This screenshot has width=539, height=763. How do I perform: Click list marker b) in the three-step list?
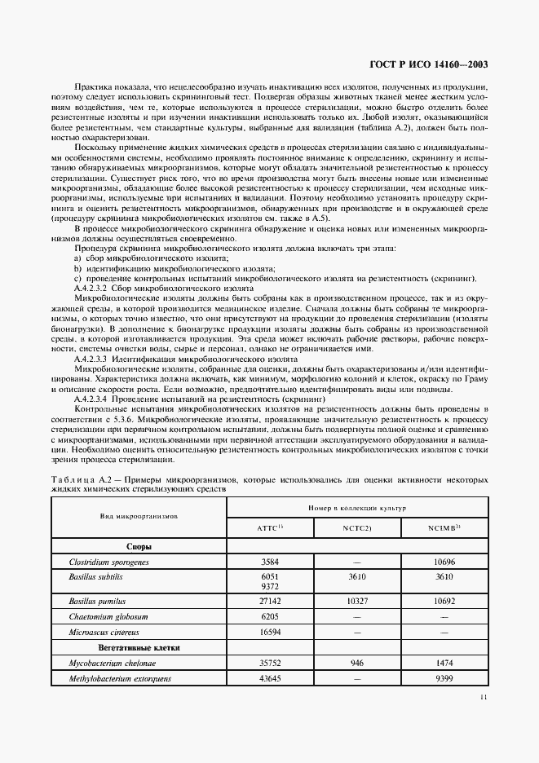click(77, 269)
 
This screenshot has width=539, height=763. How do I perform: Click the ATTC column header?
click(269, 527)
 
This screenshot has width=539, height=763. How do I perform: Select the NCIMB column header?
click(445, 527)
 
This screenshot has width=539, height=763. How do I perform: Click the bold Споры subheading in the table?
click(139, 547)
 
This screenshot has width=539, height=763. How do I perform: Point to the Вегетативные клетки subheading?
click(139, 647)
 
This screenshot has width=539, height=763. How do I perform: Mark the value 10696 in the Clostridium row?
click(445, 562)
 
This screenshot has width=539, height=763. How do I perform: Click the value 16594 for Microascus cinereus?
click(270, 633)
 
